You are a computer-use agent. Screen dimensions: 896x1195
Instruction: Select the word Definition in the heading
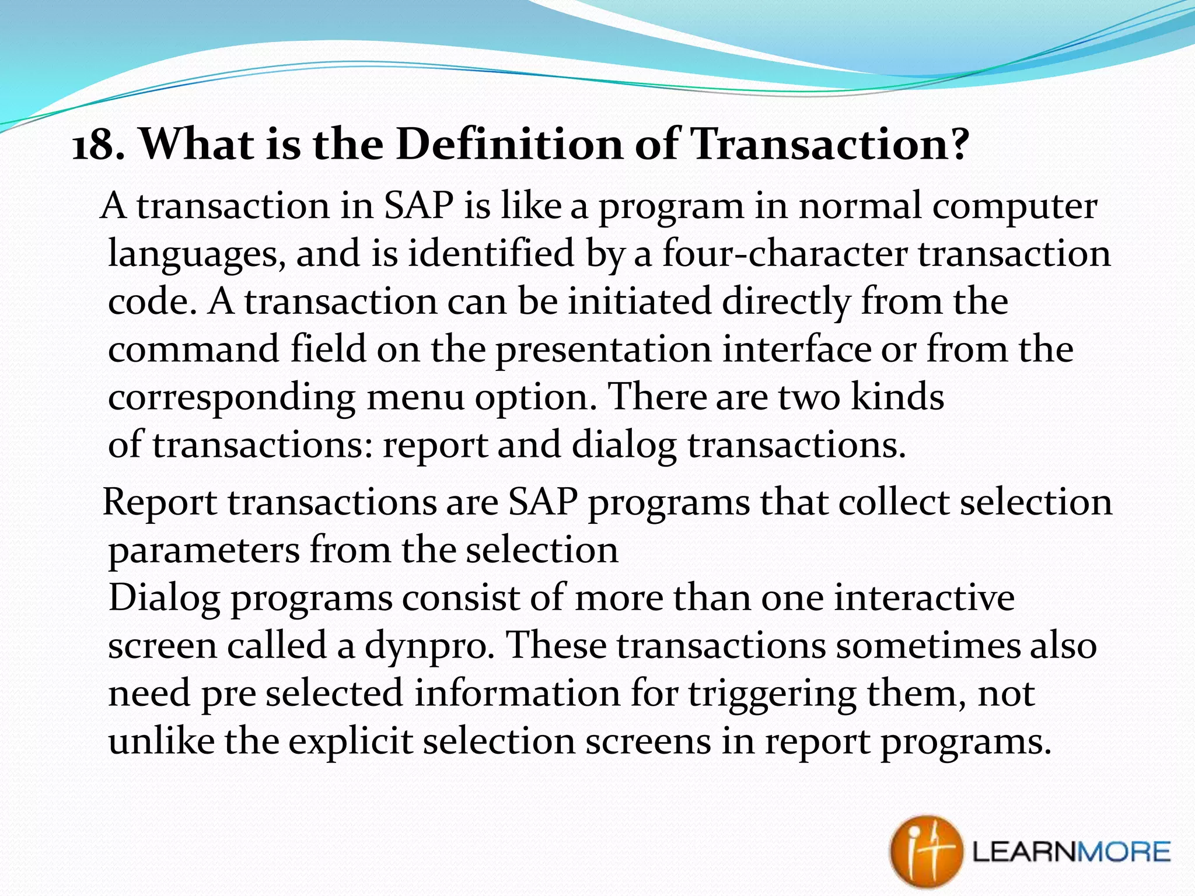tap(509, 143)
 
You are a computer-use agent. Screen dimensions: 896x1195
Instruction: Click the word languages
tap(197, 255)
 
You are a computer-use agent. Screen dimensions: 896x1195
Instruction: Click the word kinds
tap(897, 397)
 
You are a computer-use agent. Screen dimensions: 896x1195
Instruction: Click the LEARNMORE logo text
tap(1071, 852)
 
